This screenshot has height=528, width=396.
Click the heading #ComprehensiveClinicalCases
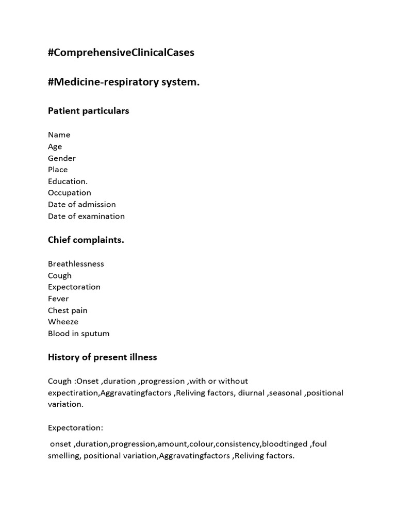coord(121,53)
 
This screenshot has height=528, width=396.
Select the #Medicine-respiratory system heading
coord(124,82)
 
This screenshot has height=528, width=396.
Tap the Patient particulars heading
coord(89,111)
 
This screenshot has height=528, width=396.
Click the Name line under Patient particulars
coord(59,135)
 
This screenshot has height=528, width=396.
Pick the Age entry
coord(55,146)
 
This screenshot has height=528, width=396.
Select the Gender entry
coord(62,158)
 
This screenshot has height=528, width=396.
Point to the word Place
coord(58,170)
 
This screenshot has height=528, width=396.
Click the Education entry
coord(68,181)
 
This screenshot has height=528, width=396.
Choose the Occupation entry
coord(70,193)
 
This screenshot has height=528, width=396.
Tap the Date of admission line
coord(82,205)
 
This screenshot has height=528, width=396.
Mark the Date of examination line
coord(86,217)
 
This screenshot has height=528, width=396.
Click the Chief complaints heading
coord(86,240)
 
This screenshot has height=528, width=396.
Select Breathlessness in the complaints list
coord(76,264)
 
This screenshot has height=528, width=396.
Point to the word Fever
coord(58,299)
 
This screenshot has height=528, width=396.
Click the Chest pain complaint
coord(68,310)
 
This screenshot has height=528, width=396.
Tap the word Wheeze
coord(63,322)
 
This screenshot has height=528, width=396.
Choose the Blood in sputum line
coord(79,334)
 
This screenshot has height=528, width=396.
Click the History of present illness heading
coord(103,357)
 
